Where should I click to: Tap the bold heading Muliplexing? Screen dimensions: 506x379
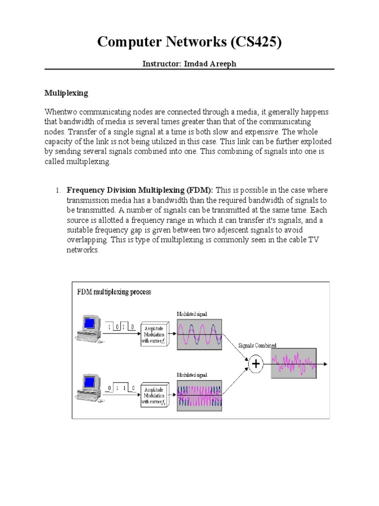click(x=66, y=92)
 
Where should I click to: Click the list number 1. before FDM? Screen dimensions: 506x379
click(x=57, y=190)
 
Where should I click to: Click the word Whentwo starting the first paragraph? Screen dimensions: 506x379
click(x=61, y=113)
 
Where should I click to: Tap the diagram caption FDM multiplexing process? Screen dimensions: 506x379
click(x=114, y=292)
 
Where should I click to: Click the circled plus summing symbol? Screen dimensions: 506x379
click(x=256, y=365)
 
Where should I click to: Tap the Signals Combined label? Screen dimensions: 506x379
click(x=257, y=345)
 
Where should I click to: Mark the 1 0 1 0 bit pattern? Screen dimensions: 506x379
click(x=121, y=327)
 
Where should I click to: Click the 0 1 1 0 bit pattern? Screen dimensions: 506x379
click(x=121, y=388)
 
